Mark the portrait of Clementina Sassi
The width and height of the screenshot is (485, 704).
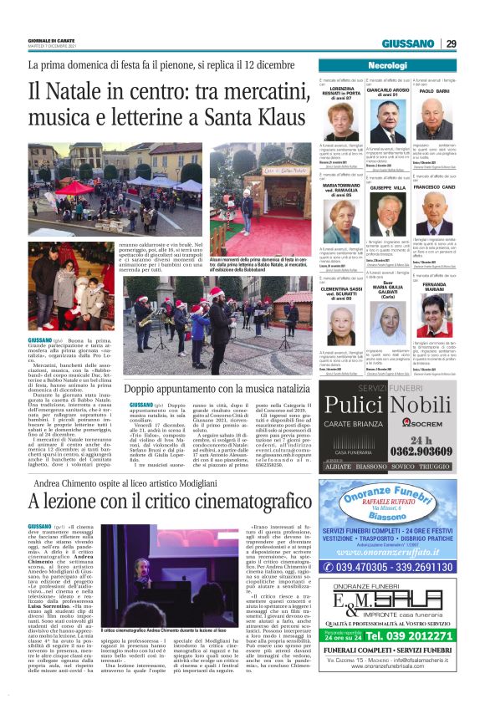(x=342, y=327)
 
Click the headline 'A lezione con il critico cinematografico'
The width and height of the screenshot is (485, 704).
(x=155, y=502)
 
